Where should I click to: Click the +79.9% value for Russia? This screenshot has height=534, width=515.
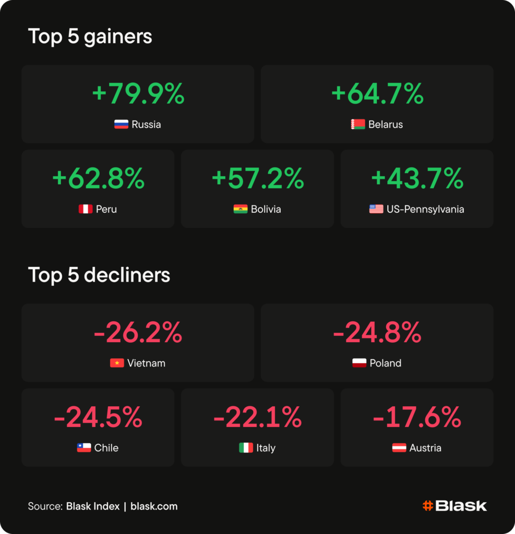[x=138, y=93]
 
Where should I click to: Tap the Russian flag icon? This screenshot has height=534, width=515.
[x=121, y=124]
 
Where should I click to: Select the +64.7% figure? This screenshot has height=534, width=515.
[x=377, y=93]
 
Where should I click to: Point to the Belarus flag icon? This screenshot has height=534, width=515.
[x=358, y=124]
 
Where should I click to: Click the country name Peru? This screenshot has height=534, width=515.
[x=106, y=209]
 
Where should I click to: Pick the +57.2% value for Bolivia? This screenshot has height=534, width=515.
[x=258, y=178]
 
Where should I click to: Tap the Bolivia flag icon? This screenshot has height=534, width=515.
[x=241, y=209]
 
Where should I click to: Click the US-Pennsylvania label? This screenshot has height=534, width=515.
[x=425, y=209]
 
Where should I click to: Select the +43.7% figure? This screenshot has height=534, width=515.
[x=417, y=178]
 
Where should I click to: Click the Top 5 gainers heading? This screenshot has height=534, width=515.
[x=90, y=37]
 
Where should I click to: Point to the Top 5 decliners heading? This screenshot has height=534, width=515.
[x=99, y=275]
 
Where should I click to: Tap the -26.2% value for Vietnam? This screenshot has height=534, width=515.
[x=138, y=332]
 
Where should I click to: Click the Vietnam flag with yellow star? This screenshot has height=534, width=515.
[x=117, y=363]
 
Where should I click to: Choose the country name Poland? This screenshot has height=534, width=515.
[x=386, y=363]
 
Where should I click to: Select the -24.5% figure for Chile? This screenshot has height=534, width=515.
[x=98, y=417]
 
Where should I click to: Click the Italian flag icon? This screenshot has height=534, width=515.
[x=246, y=448]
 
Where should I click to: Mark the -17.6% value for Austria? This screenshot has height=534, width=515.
[x=417, y=417]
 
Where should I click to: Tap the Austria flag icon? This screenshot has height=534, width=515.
[x=399, y=448]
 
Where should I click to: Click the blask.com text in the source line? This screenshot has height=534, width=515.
[x=154, y=506]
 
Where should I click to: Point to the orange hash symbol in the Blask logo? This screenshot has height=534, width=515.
[x=428, y=506]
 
